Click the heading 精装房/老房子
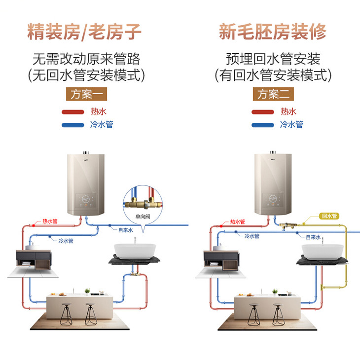(x=84, y=32)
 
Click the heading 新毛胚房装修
(x=273, y=32)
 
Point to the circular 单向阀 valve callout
(x=143, y=202)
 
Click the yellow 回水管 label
(x=329, y=216)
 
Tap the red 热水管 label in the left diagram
(x=49, y=222)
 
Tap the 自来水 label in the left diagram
(x=126, y=230)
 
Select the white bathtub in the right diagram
(x=321, y=250)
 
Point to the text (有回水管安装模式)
(x=273, y=75)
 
